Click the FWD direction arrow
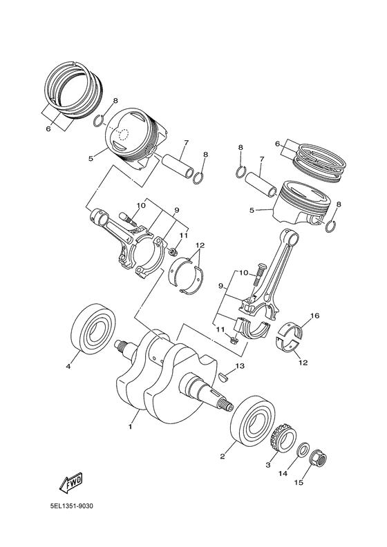71,483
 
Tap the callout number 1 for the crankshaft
130,426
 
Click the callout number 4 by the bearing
68,366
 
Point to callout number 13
240,366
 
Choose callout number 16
314,316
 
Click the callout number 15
299,483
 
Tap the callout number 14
283,473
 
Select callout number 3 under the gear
268,465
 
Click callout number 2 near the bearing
223,457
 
